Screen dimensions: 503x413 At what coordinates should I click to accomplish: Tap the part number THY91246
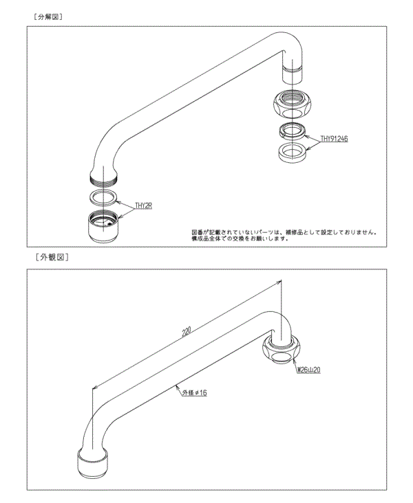[x=334, y=138]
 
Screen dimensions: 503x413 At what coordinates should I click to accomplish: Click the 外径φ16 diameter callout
[x=195, y=393]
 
